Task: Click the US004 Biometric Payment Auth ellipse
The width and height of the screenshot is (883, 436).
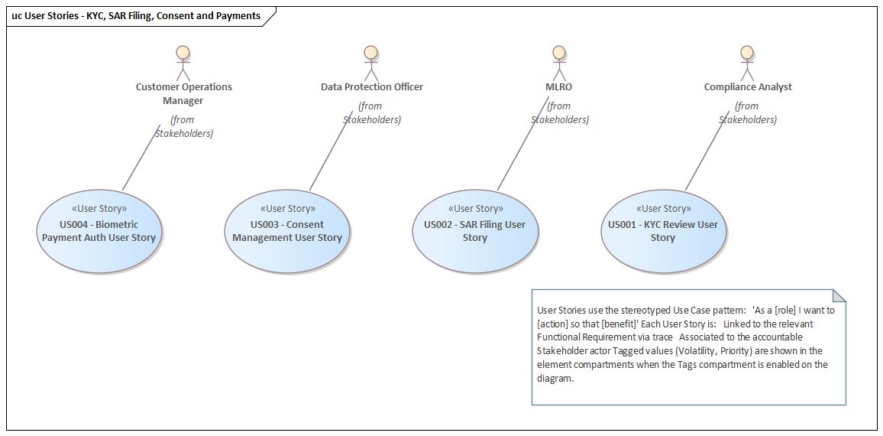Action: pyautogui.click(x=99, y=231)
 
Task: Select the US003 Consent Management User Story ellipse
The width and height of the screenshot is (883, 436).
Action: pyautogui.click(x=287, y=231)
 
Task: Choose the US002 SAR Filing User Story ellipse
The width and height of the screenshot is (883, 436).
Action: pyautogui.click(x=474, y=231)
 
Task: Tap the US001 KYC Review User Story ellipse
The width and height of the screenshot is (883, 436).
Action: pyautogui.click(x=662, y=231)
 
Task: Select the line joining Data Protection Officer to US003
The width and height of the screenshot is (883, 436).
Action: pyautogui.click(x=332, y=154)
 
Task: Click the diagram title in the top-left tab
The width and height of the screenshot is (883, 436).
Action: pyautogui.click(x=136, y=15)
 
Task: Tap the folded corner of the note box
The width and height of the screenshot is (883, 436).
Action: pyautogui.click(x=839, y=296)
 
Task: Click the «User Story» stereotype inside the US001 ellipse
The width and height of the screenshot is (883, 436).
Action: pyautogui.click(x=663, y=208)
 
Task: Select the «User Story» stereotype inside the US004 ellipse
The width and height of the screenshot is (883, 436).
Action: pyautogui.click(x=99, y=208)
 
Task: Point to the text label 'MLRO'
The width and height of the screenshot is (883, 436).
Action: pyautogui.click(x=559, y=87)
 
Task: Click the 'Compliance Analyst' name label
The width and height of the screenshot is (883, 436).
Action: pyautogui.click(x=748, y=87)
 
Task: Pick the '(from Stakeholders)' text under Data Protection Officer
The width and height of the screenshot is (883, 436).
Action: pyautogui.click(x=370, y=112)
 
